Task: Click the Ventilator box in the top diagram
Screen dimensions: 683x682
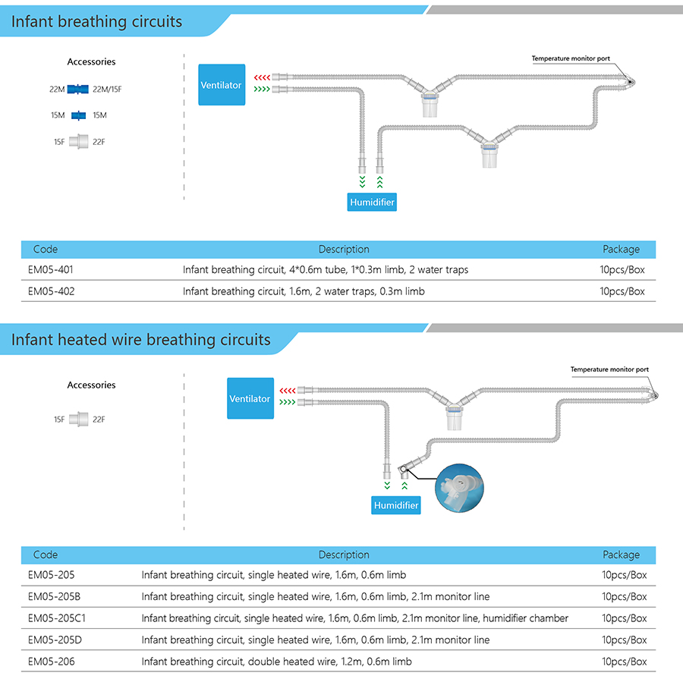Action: coord(222,85)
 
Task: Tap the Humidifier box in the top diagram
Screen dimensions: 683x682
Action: coord(372,202)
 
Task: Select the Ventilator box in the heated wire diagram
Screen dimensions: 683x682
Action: coord(250,398)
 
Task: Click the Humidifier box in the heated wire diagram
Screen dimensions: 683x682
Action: coord(396,505)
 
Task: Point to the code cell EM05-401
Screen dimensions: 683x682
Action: coord(51,269)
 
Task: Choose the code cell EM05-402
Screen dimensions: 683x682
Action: coord(52,291)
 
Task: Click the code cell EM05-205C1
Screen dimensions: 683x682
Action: coord(57,618)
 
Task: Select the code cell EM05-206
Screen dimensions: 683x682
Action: coord(52,662)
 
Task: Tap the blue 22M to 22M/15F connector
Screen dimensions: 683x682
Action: coord(78,90)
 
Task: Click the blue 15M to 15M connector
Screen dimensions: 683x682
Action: coord(78,115)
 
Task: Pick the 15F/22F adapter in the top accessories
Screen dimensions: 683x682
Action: coord(79,142)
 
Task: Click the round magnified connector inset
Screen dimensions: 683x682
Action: coord(460,488)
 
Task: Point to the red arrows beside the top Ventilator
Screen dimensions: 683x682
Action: coord(263,77)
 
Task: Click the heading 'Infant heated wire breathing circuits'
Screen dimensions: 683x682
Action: coord(140,340)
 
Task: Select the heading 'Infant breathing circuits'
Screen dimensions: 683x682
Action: coord(96,22)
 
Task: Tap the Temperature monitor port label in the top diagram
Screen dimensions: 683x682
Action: coord(571,58)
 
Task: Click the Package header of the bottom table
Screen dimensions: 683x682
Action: coord(621,555)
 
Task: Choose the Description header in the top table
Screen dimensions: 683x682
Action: coord(344,249)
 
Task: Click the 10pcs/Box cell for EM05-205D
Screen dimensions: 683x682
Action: coord(625,640)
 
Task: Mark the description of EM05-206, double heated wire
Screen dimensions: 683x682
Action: coord(276,662)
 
